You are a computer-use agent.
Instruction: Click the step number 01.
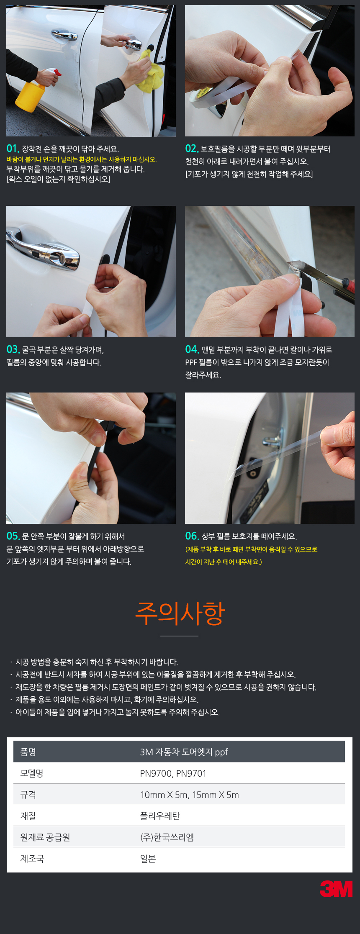click(x=13, y=149)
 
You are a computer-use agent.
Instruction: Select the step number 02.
click(x=192, y=149)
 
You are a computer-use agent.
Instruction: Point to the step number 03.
click(x=13, y=349)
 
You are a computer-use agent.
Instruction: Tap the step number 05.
click(x=13, y=536)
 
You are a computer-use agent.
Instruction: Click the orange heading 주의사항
click(x=180, y=613)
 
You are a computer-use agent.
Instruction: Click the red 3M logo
click(x=336, y=889)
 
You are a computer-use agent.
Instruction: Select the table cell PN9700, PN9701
click(x=173, y=773)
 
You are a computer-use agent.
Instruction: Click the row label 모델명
click(x=32, y=773)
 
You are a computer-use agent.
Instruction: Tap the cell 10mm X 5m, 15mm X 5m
click(x=190, y=795)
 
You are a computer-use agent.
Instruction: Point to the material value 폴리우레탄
click(x=160, y=816)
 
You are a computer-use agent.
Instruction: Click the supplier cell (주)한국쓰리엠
click(x=167, y=837)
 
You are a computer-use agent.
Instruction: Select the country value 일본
click(x=148, y=859)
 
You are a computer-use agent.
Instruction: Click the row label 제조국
click(x=32, y=859)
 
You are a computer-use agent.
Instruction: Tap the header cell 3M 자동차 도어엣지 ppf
click(x=184, y=752)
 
